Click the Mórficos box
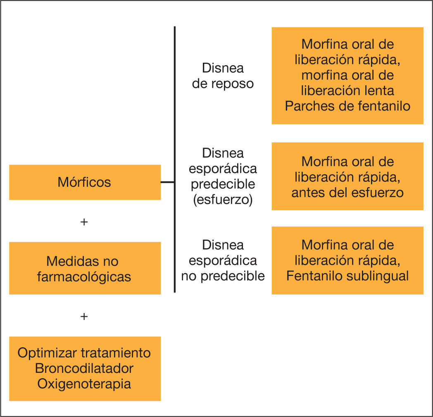pyautogui.click(x=85, y=182)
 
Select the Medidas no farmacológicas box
pyautogui.click(x=85, y=268)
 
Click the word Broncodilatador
pyautogui.click(x=84, y=368)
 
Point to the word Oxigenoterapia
pyautogui.click(x=84, y=384)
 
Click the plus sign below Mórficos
pyautogui.click(x=84, y=222)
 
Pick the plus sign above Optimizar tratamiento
pyautogui.click(x=84, y=316)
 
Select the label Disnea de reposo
pyautogui.click(x=223, y=76)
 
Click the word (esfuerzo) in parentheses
pyautogui.click(x=223, y=200)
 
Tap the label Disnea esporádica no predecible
pyautogui.click(x=223, y=260)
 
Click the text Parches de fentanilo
pyautogui.click(x=347, y=106)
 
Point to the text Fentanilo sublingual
pyautogui.click(x=347, y=276)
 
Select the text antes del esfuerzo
pyautogui.click(x=347, y=192)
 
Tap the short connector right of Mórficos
pyautogui.click(x=167, y=182)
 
